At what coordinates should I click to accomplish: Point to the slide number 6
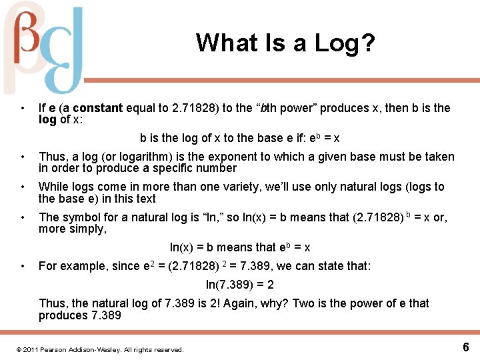[465, 347]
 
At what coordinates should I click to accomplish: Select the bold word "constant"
[98, 108]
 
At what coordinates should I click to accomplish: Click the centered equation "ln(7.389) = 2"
[240, 285]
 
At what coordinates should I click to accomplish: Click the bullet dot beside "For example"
[23, 266]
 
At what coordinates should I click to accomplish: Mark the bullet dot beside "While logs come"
[23, 187]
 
